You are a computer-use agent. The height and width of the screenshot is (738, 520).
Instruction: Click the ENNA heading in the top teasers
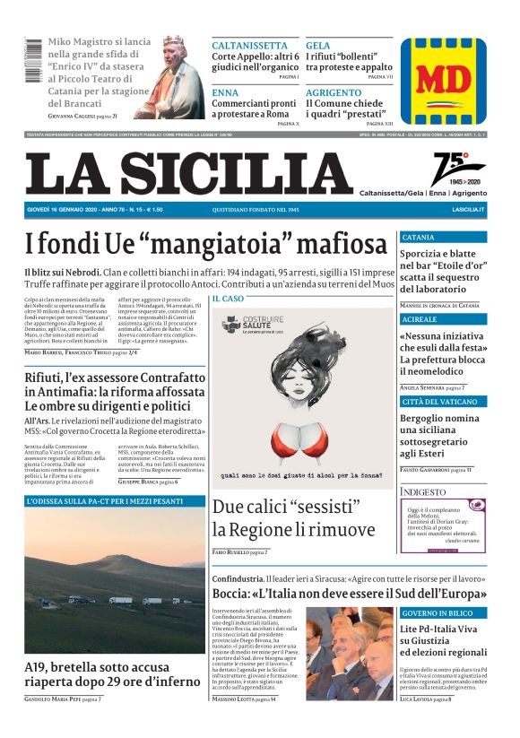tap(225, 92)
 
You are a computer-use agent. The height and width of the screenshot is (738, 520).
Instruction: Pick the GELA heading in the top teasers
tap(317, 45)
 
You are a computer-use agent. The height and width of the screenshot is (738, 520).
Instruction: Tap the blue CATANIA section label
tap(419, 238)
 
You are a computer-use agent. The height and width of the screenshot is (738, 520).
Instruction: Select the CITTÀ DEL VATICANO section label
tap(438, 401)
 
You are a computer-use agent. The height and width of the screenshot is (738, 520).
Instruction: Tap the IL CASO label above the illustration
tap(228, 298)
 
